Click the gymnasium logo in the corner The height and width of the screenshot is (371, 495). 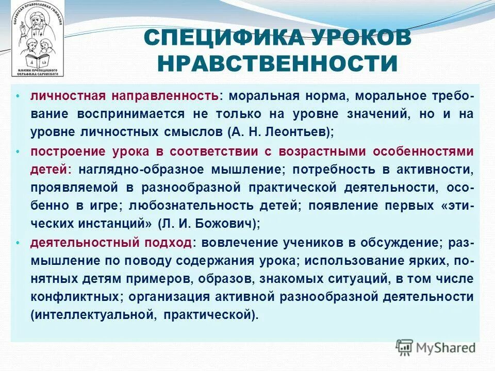click(35, 39)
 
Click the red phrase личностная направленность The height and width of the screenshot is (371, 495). click(124, 96)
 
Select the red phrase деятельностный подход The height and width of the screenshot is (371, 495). click(111, 243)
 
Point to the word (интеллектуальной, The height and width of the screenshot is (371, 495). click(93, 315)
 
